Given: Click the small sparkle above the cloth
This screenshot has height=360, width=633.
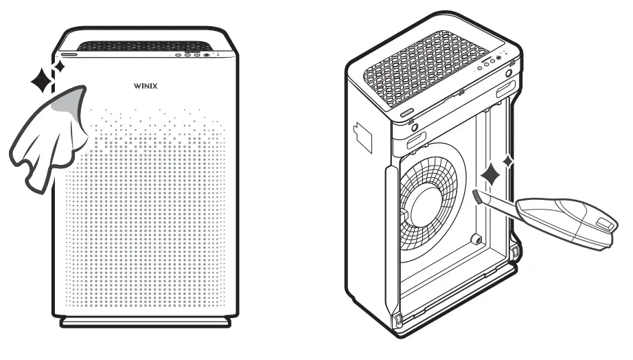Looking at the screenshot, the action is point(59,67).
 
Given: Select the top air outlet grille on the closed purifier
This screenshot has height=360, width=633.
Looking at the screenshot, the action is point(144,46).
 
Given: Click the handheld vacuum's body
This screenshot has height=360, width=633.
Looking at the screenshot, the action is point(570,218).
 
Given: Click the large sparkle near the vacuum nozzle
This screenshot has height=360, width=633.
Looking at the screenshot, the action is point(492,175).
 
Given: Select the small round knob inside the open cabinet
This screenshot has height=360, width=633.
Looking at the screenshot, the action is point(474,240).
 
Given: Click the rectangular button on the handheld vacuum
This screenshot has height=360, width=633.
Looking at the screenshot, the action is point(603,223).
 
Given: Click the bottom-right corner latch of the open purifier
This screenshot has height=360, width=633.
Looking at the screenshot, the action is point(514,254).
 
